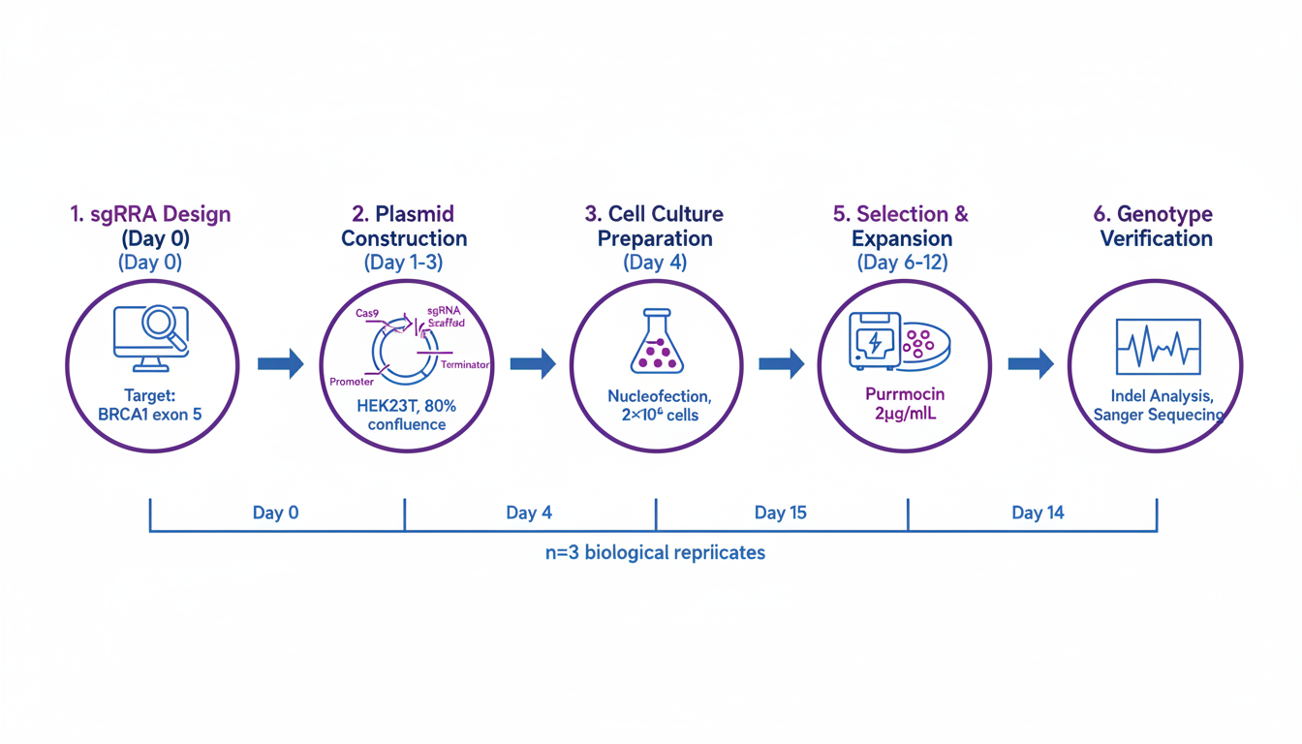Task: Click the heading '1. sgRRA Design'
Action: tap(150, 214)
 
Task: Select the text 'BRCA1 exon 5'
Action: tap(150, 415)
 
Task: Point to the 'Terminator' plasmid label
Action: tap(465, 364)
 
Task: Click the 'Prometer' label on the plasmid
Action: tap(352, 382)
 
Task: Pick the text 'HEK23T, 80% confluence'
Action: tap(406, 415)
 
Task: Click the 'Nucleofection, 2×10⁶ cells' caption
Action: tap(655, 406)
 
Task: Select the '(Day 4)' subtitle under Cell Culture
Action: tap(656, 263)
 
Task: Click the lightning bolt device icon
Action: tap(874, 340)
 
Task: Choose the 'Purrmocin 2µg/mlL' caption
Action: tap(903, 406)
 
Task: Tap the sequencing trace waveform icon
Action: tap(1158, 347)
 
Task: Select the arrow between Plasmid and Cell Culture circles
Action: tap(532, 364)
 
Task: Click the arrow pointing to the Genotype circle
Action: tap(1031, 364)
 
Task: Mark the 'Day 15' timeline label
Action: tap(780, 512)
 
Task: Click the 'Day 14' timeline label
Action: tap(1038, 512)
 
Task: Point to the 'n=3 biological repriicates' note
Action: tap(655, 553)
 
